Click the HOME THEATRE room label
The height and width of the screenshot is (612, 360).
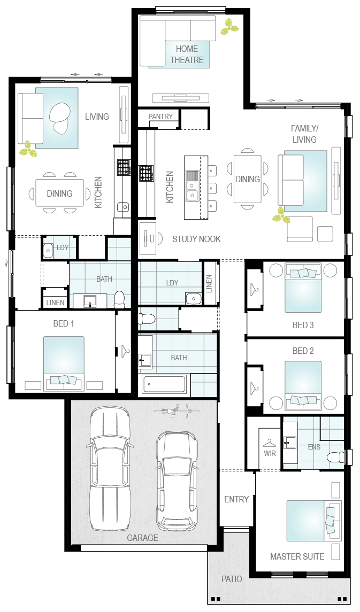[187, 55]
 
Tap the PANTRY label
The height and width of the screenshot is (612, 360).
[160, 117]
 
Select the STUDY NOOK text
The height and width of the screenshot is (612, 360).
[196, 239]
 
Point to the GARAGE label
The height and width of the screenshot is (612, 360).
[142, 538]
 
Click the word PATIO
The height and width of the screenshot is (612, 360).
[232, 579]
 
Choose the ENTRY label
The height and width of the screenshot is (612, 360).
[236, 499]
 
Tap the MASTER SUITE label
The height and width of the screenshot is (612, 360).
[297, 556]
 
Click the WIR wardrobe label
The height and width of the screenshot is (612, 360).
[270, 454]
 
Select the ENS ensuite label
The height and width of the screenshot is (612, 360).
[314, 447]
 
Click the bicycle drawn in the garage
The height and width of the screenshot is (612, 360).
[177, 410]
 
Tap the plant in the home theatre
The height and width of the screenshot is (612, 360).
[229, 27]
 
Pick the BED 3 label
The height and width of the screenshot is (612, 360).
[303, 325]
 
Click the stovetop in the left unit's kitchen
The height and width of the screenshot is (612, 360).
[124, 167]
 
